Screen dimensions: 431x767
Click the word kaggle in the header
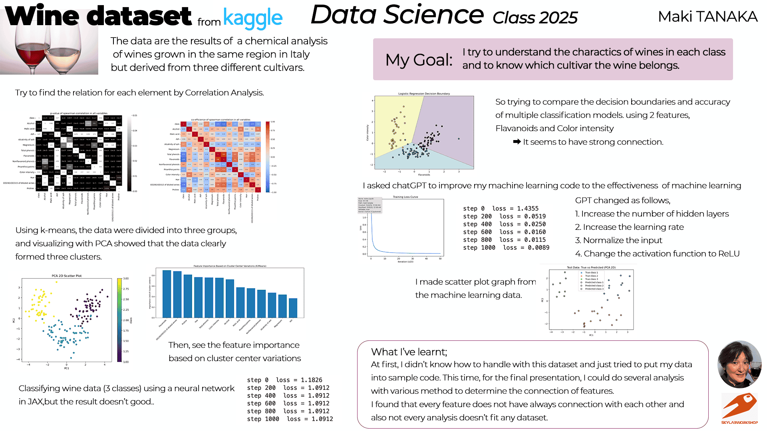252,18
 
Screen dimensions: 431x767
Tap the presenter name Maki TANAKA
707,17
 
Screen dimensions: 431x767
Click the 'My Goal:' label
419,60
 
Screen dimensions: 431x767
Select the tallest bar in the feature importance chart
167,294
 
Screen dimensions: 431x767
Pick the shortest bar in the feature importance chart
293,308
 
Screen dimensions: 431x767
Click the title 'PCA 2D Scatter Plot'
67,276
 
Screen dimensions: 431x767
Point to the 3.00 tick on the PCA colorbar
126,279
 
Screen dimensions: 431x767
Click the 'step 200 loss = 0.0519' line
504,216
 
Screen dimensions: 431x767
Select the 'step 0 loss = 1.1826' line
284,380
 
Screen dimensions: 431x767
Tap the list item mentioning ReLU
657,254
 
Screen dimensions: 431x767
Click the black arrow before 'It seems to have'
517,142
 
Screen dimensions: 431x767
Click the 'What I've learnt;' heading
409,352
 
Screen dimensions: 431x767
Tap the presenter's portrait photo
739,364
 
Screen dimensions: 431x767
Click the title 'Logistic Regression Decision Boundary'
424,94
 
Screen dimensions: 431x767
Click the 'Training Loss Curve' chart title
405,197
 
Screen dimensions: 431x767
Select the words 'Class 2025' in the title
535,18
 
